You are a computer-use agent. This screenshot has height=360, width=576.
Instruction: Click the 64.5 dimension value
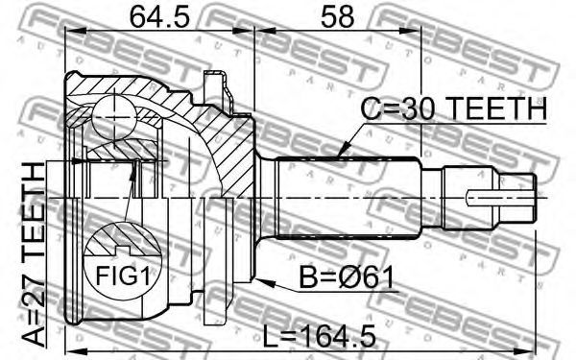coord(159,17)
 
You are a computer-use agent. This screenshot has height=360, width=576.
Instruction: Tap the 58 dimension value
coord(337,17)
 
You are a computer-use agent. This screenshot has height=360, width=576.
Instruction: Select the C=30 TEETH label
coord(453,108)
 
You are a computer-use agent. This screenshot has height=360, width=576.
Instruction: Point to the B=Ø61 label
coord(346,277)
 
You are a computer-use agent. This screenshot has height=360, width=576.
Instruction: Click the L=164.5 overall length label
coord(320,335)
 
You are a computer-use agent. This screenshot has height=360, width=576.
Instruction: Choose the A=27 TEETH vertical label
coord(33,254)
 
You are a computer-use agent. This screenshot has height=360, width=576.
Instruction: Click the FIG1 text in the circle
coord(123,276)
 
